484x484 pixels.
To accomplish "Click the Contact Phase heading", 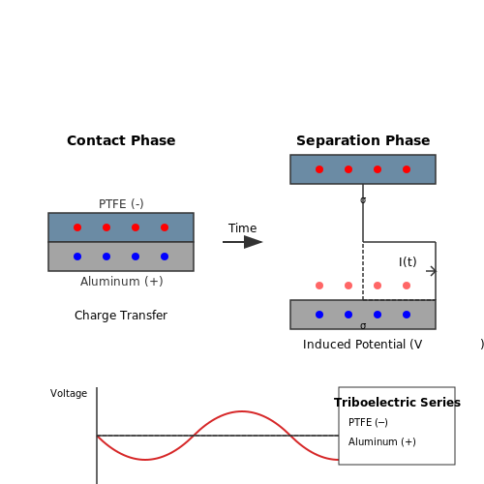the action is tap(121, 140).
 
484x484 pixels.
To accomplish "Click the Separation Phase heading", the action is tap(363, 140).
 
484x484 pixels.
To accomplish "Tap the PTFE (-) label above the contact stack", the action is tap(121, 204).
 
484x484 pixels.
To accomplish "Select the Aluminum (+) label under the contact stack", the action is tap(121, 282).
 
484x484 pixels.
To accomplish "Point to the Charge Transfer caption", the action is tap(121, 316).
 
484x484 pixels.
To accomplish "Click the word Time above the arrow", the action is tap(242, 228).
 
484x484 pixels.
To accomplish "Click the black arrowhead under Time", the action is tap(253, 242).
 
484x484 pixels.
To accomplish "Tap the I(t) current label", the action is tap(408, 261).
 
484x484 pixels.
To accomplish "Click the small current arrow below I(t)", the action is tap(432, 271).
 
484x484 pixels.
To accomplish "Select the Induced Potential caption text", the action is tap(362, 345).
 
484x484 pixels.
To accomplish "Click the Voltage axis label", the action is tap(69, 393).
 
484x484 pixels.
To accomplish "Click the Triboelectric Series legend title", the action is tap(397, 403).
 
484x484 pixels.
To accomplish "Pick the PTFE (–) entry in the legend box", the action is tap(368, 422).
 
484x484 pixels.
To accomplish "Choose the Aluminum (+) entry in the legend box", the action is tap(382, 441).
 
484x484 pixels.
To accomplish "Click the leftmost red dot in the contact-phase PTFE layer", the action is tap(77, 227).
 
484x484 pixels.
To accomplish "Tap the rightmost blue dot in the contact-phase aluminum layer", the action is tap(165, 257).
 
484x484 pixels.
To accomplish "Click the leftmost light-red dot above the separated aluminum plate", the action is tap(319, 286).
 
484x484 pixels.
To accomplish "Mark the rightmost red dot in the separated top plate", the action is tap(407, 169).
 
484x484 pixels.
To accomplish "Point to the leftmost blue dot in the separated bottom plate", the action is tap(319, 315).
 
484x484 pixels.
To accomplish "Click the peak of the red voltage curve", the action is tap(242, 411).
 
